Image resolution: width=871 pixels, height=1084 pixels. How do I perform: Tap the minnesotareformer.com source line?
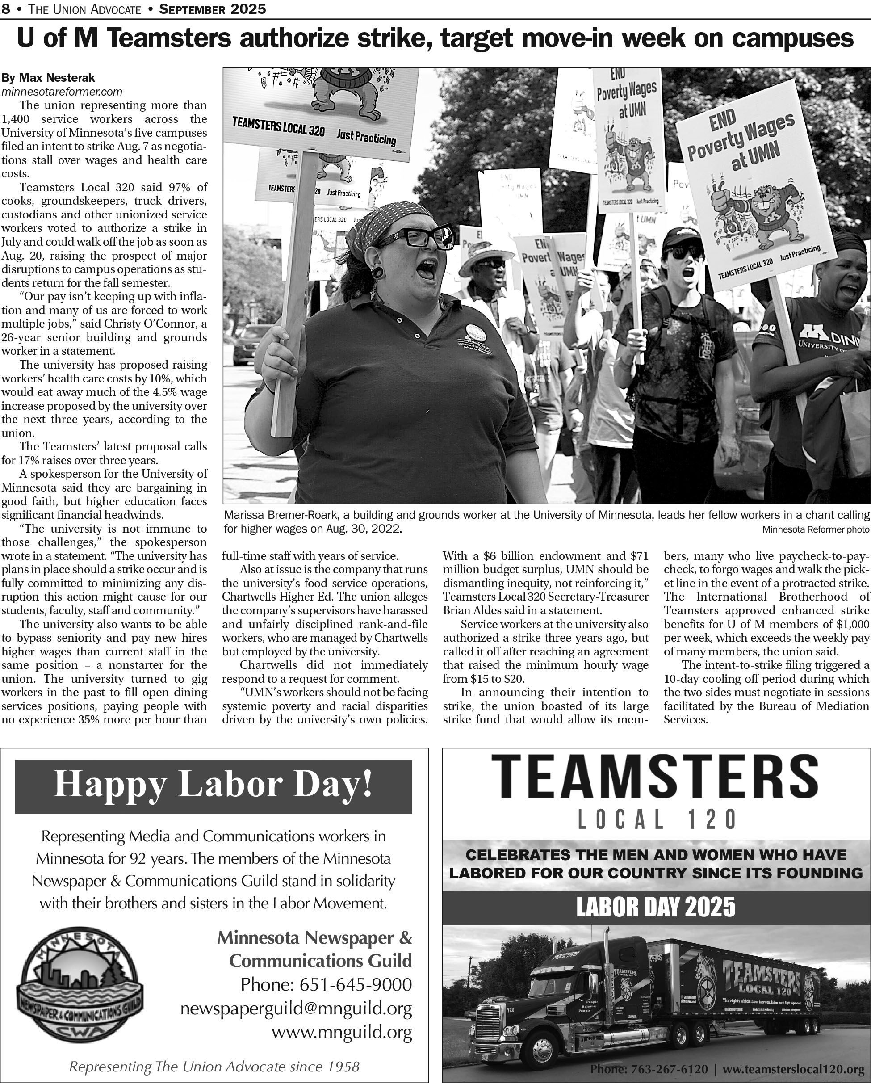click(x=62, y=92)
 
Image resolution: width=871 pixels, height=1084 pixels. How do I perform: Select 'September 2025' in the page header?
click(x=213, y=8)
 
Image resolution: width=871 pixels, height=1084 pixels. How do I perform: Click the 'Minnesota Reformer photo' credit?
click(x=815, y=529)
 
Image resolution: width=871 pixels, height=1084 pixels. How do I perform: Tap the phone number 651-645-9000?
click(x=326, y=984)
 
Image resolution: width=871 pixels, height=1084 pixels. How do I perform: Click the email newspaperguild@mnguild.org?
click(x=296, y=1008)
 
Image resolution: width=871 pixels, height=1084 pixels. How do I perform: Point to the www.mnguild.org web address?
click(x=342, y=1032)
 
